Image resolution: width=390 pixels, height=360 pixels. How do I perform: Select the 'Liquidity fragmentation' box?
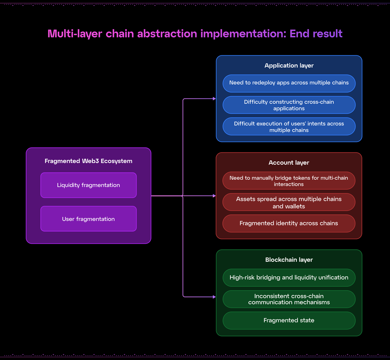click(89, 185)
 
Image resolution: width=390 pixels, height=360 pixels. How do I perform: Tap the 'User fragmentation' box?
click(89, 219)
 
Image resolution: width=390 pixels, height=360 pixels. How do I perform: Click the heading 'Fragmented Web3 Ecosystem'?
click(89, 161)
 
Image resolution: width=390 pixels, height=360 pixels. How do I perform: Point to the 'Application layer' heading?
click(289, 66)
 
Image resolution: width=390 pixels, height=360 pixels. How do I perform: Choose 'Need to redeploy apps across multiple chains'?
click(289, 83)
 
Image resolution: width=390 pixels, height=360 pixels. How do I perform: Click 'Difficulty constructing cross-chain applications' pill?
click(289, 105)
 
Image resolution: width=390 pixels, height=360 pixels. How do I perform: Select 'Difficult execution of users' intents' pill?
click(289, 127)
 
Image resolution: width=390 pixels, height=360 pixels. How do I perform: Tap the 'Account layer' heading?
click(289, 163)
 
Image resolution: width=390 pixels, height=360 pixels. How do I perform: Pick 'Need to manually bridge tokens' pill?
click(289, 181)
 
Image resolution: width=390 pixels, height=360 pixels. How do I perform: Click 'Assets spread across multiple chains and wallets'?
click(289, 202)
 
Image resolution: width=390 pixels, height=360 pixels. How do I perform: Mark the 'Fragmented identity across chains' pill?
click(289, 223)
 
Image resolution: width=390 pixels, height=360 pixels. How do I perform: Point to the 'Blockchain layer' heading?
click(289, 260)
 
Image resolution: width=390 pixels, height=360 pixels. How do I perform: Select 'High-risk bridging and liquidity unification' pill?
click(289, 278)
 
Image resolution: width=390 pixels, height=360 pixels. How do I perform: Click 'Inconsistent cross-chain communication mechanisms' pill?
click(289, 299)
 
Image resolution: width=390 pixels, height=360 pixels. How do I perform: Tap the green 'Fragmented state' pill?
click(289, 320)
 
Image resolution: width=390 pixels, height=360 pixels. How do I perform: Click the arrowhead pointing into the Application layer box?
click(214, 99)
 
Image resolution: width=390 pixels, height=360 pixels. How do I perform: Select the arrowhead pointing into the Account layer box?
click(214, 196)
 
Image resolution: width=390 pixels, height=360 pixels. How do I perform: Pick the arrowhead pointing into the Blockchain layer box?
click(214, 297)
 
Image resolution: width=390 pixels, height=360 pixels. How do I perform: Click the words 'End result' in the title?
click(316, 34)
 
